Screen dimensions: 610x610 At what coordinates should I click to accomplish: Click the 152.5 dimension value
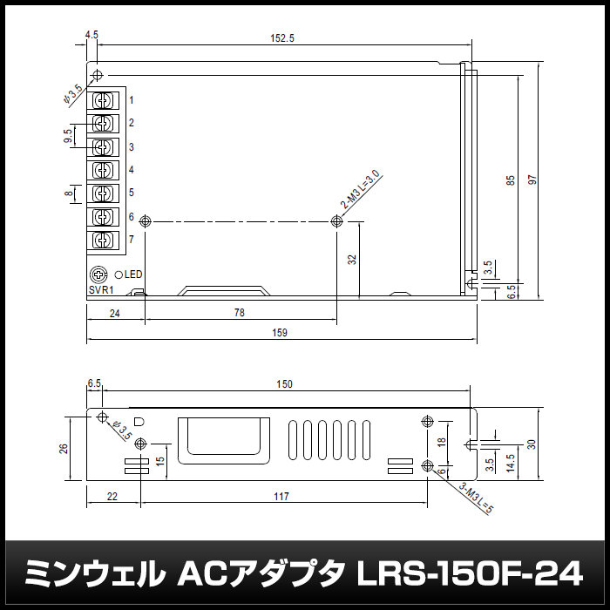pyautogui.click(x=282, y=38)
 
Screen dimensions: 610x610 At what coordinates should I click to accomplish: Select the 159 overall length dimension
pyautogui.click(x=280, y=333)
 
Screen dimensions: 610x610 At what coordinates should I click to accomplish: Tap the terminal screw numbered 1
pyautogui.click(x=103, y=101)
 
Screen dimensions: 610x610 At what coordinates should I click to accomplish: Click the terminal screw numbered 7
pyautogui.click(x=103, y=240)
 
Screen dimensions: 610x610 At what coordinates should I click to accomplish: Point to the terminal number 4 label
pyautogui.click(x=132, y=170)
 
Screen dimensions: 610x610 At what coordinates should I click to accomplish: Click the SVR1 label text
pyautogui.click(x=101, y=290)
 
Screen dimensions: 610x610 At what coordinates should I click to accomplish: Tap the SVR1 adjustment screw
pyautogui.click(x=98, y=274)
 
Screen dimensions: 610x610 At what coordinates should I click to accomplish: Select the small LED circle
pyautogui.click(x=119, y=274)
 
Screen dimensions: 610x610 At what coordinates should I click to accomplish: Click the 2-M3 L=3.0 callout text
pyautogui.click(x=360, y=189)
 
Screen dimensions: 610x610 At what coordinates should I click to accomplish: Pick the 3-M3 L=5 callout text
pyautogui.click(x=476, y=498)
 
